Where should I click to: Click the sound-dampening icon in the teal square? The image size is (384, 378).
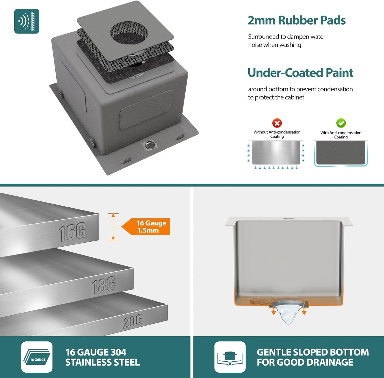tap(27, 21)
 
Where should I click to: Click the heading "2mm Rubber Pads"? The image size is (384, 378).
tap(297, 20)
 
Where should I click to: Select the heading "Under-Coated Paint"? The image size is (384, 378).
tap(301, 73)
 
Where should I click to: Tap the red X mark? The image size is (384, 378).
tap(277, 123)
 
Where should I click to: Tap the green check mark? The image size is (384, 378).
tap(341, 123)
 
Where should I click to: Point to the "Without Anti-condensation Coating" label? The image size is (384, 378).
tap(277, 134)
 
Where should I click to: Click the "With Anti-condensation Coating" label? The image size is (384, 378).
tap(341, 135)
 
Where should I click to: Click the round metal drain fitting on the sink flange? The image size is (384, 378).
tap(149, 145)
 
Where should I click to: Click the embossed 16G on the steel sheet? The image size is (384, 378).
tap(72, 232)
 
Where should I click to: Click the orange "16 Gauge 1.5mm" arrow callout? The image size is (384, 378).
tap(146, 227)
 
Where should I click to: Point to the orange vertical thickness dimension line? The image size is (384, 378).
tap(113, 227)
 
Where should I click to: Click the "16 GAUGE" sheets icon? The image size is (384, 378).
tap(37, 357)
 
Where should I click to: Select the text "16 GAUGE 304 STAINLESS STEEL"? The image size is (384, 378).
tap(102, 357)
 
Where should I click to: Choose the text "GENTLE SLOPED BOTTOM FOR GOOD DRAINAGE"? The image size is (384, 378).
tap(313, 357)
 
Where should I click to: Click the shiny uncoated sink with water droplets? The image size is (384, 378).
tap(276, 152)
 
